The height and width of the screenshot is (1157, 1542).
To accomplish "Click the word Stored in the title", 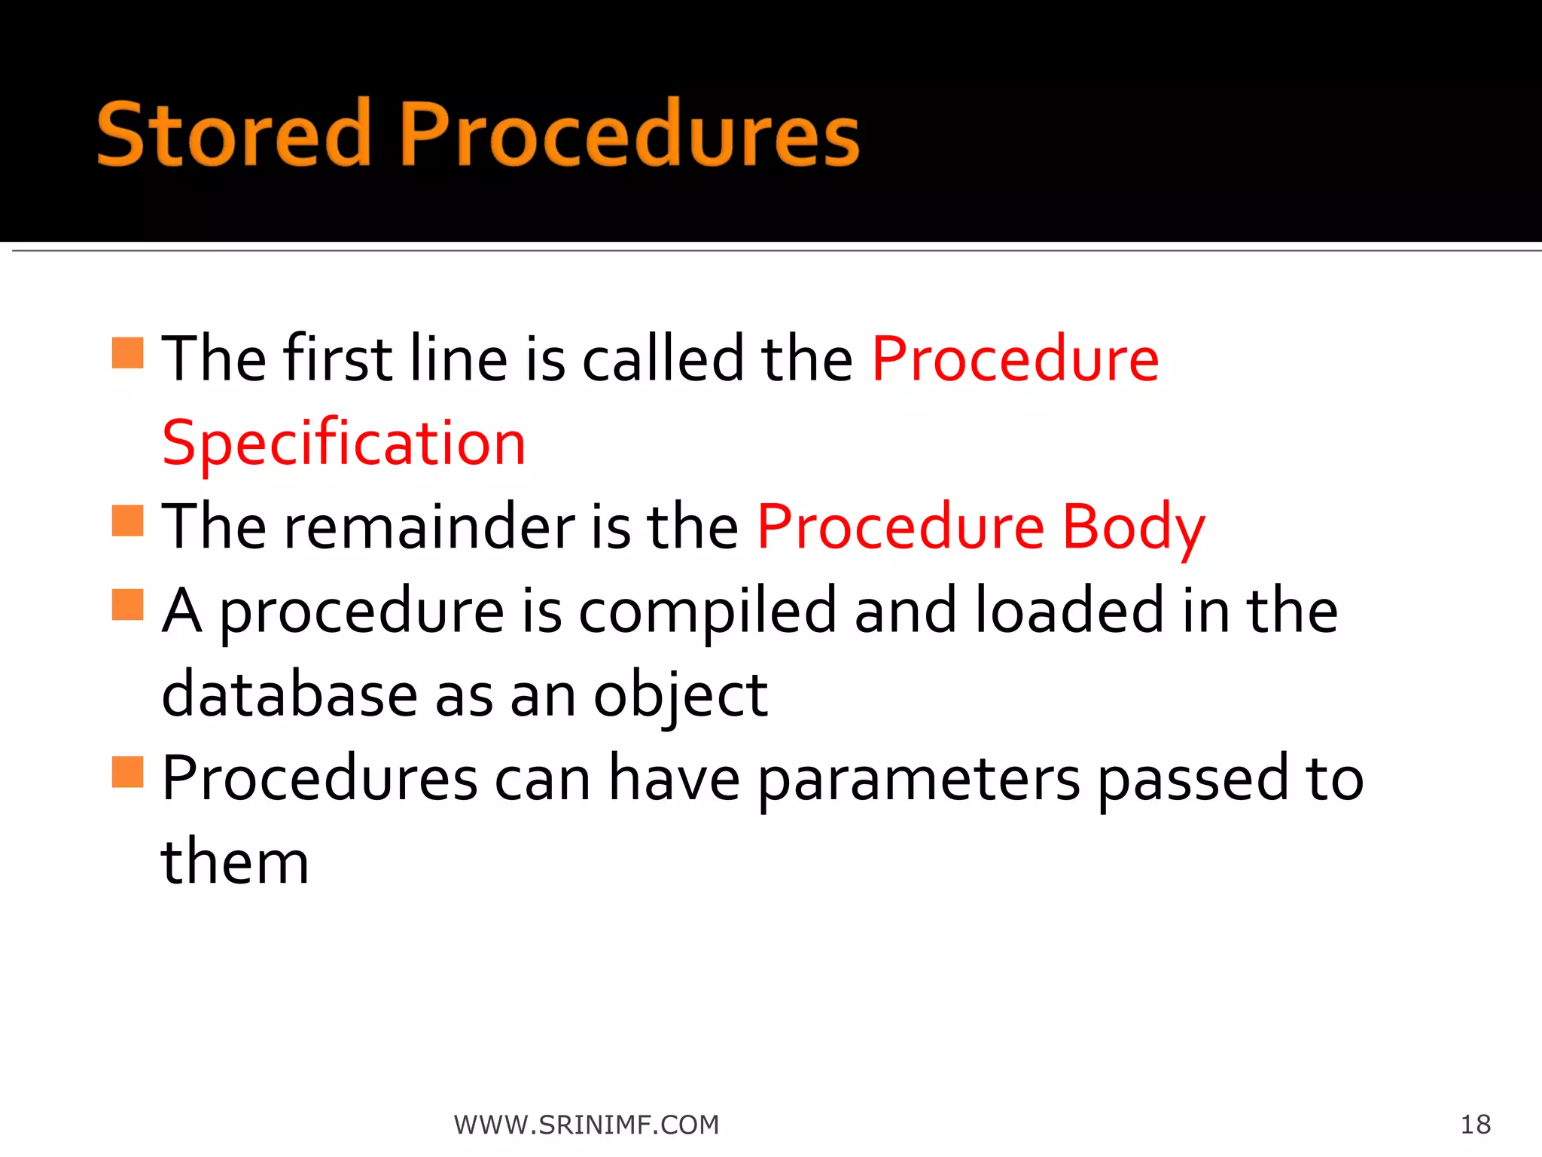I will coord(233,134).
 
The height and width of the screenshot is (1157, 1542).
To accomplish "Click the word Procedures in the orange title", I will coord(629,134).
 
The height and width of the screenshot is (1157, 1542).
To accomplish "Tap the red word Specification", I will coord(343,443).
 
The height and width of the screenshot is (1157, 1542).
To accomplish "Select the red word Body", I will coord(1133,527).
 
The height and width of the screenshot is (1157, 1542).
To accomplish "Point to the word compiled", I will coord(707,612).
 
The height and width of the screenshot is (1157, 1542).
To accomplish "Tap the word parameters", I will coord(919,780).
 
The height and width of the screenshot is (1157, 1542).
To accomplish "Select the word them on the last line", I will coord(235,862).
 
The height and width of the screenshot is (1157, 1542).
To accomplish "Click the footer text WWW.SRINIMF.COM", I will coord(587,1125).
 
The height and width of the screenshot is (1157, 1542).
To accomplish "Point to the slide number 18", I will coord(1476,1125).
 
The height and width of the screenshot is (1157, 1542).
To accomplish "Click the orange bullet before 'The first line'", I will coord(127,353).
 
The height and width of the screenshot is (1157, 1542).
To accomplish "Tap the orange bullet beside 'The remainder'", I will coord(127,520).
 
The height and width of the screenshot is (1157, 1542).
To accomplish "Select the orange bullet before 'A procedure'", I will coord(127,605).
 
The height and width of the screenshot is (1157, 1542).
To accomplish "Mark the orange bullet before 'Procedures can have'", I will coord(127,772).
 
